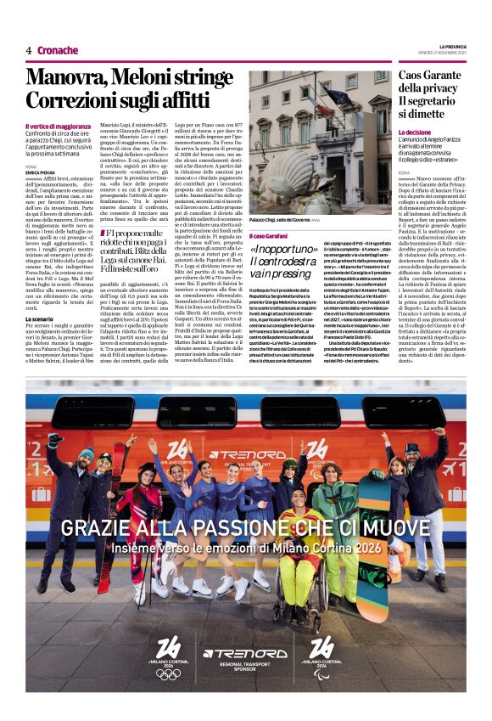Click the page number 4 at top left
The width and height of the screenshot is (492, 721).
pos(28,50)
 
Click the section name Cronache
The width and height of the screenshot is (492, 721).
pos(58,50)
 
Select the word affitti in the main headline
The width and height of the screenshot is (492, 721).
pos(197,99)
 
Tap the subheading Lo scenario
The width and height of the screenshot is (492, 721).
pos(41,318)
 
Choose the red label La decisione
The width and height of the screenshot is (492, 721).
pos(415,133)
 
